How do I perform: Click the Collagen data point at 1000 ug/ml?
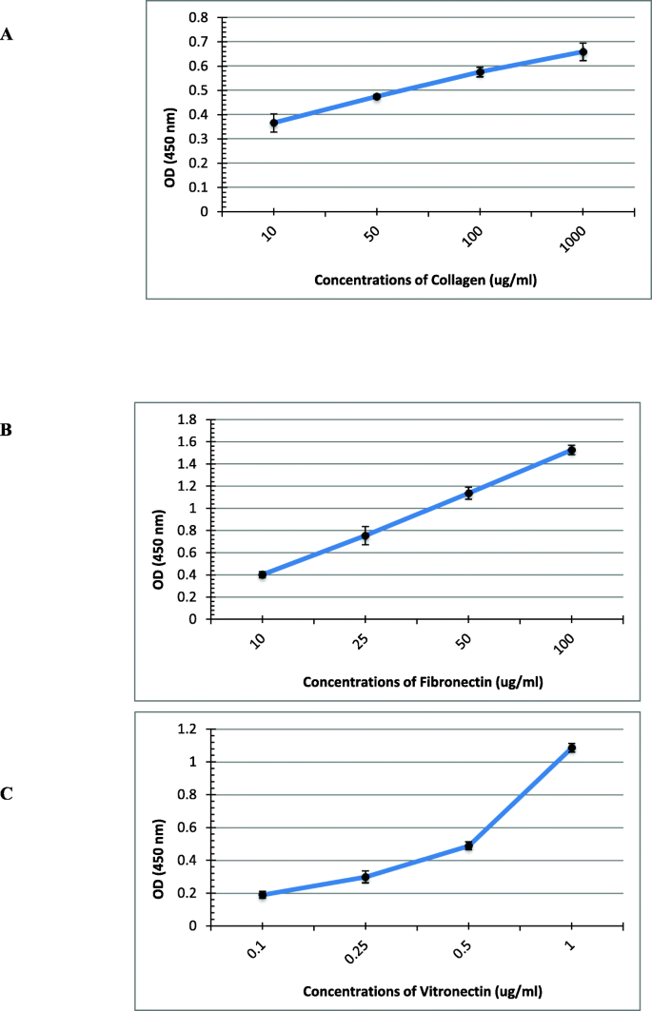point(583,52)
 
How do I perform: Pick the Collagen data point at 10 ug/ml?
point(274,123)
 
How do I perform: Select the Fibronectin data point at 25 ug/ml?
point(366,535)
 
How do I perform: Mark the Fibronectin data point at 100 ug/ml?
point(571,450)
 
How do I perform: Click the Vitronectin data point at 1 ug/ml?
point(571,748)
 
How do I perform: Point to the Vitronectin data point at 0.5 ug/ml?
point(468,846)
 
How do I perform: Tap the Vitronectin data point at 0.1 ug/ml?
point(263,895)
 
